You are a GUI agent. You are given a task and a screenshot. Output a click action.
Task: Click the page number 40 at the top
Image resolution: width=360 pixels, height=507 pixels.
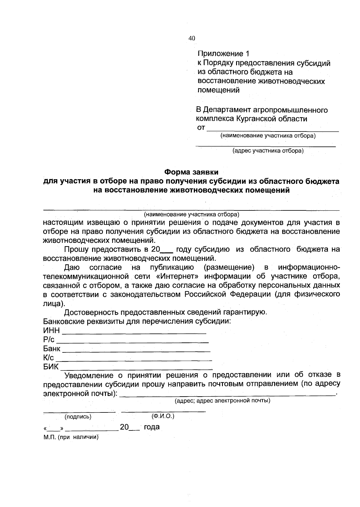192,38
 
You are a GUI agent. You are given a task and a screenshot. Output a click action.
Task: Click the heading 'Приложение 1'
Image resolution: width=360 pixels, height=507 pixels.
223,54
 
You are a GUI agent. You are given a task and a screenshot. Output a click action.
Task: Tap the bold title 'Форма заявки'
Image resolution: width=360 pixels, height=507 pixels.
191,172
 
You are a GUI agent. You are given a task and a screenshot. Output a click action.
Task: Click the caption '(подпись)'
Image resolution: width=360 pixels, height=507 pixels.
78,417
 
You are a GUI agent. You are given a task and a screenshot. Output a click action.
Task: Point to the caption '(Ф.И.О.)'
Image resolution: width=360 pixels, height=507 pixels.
163,416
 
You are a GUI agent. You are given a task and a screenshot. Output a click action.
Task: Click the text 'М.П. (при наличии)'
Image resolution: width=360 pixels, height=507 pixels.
71,437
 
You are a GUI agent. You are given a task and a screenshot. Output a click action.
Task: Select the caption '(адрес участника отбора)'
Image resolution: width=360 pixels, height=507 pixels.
268,151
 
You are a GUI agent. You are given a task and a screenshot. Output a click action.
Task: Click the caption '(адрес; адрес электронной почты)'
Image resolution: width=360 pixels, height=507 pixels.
223,400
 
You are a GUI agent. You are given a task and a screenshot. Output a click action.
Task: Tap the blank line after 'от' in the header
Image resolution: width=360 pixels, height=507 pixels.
273,130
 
